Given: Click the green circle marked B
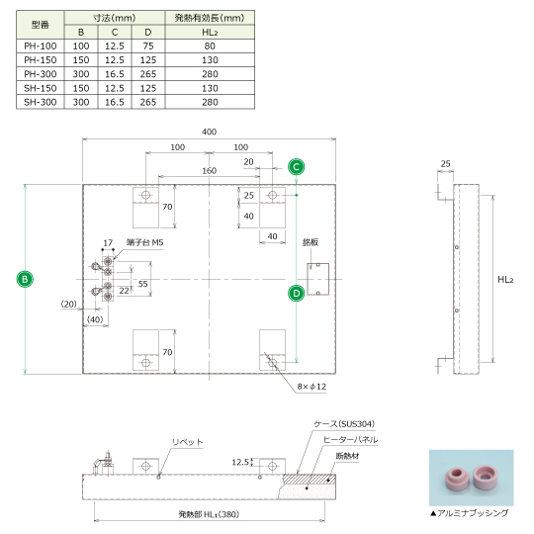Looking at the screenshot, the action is (x=25, y=279).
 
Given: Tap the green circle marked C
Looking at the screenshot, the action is (x=296, y=167).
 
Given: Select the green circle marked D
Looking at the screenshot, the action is (x=296, y=294).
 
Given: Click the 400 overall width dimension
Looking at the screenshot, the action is (x=209, y=132).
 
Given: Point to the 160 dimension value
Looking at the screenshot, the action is (x=209, y=171).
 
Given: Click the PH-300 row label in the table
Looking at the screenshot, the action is (x=41, y=74).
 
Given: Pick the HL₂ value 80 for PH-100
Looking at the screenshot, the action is (x=210, y=45).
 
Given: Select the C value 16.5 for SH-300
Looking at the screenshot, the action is (x=115, y=102).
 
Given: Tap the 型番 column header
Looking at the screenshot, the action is (x=41, y=25).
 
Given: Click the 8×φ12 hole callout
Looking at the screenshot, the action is (x=311, y=387).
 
